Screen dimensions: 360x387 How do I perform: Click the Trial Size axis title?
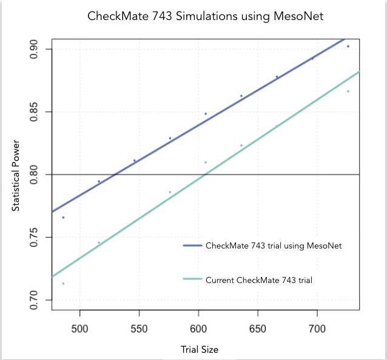click(x=200, y=350)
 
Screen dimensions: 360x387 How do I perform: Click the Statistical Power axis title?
click(x=16, y=176)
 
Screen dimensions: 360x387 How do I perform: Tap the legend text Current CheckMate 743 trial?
click(x=259, y=279)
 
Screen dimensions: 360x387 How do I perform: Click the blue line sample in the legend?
click(x=192, y=245)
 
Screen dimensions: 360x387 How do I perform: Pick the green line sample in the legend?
click(x=192, y=279)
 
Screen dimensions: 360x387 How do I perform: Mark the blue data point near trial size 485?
click(x=62, y=217)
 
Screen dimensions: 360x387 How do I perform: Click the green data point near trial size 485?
click(x=62, y=284)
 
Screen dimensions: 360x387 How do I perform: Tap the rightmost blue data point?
click(x=348, y=46)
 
